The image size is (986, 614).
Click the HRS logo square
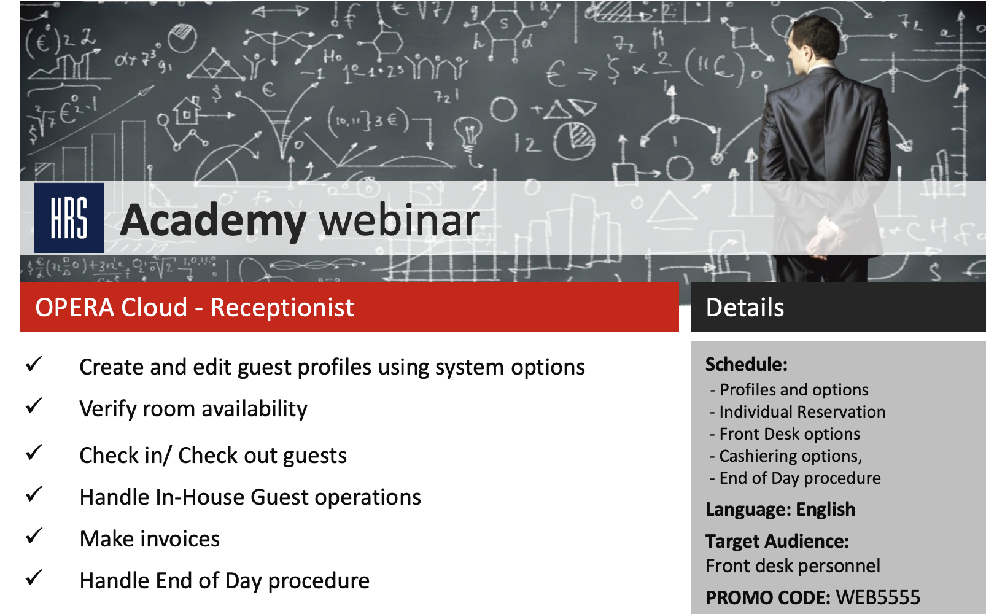69,218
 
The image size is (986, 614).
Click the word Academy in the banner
213,222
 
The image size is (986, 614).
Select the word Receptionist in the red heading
282,307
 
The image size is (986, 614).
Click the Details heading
745,307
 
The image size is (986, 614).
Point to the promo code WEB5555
878,597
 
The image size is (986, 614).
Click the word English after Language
825,510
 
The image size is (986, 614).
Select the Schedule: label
746,365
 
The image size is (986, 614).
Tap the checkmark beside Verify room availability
34,405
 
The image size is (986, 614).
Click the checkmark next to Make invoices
34,535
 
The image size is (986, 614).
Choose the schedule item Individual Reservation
802,412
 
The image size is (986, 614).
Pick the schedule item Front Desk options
790,435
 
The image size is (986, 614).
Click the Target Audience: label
777,542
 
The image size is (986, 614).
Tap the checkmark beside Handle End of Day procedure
34,578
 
